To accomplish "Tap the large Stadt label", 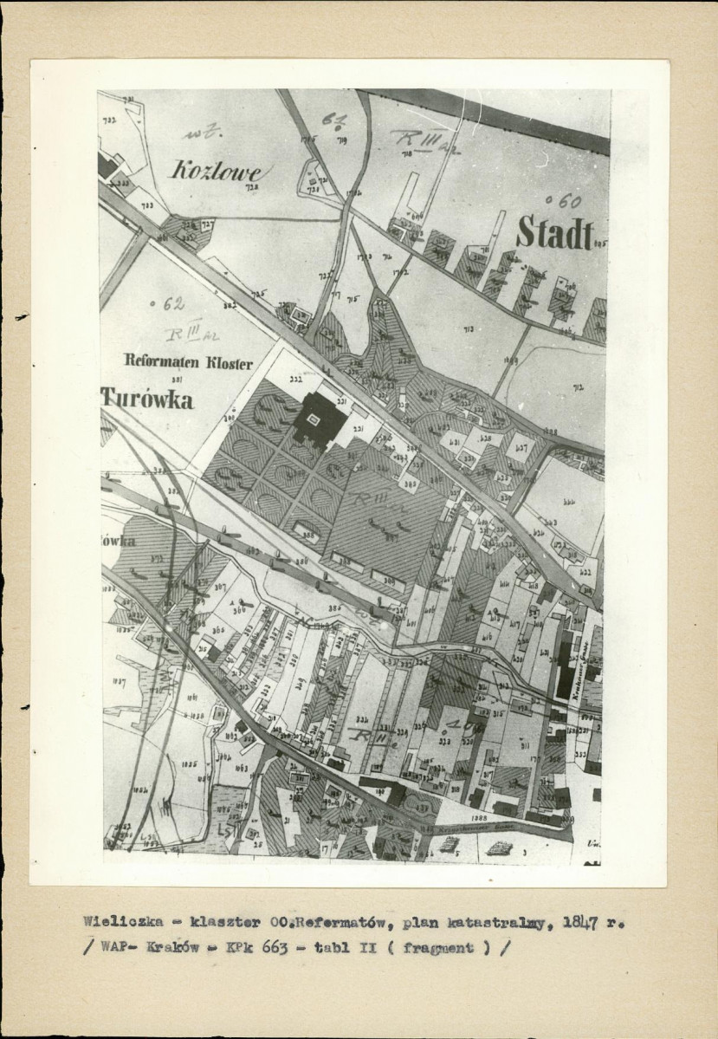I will click(555, 233).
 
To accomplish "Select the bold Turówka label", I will click(147, 399).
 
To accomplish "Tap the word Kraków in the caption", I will click(180, 948).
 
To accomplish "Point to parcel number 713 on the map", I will click(469, 330).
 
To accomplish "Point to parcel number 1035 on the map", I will click(191, 764).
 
